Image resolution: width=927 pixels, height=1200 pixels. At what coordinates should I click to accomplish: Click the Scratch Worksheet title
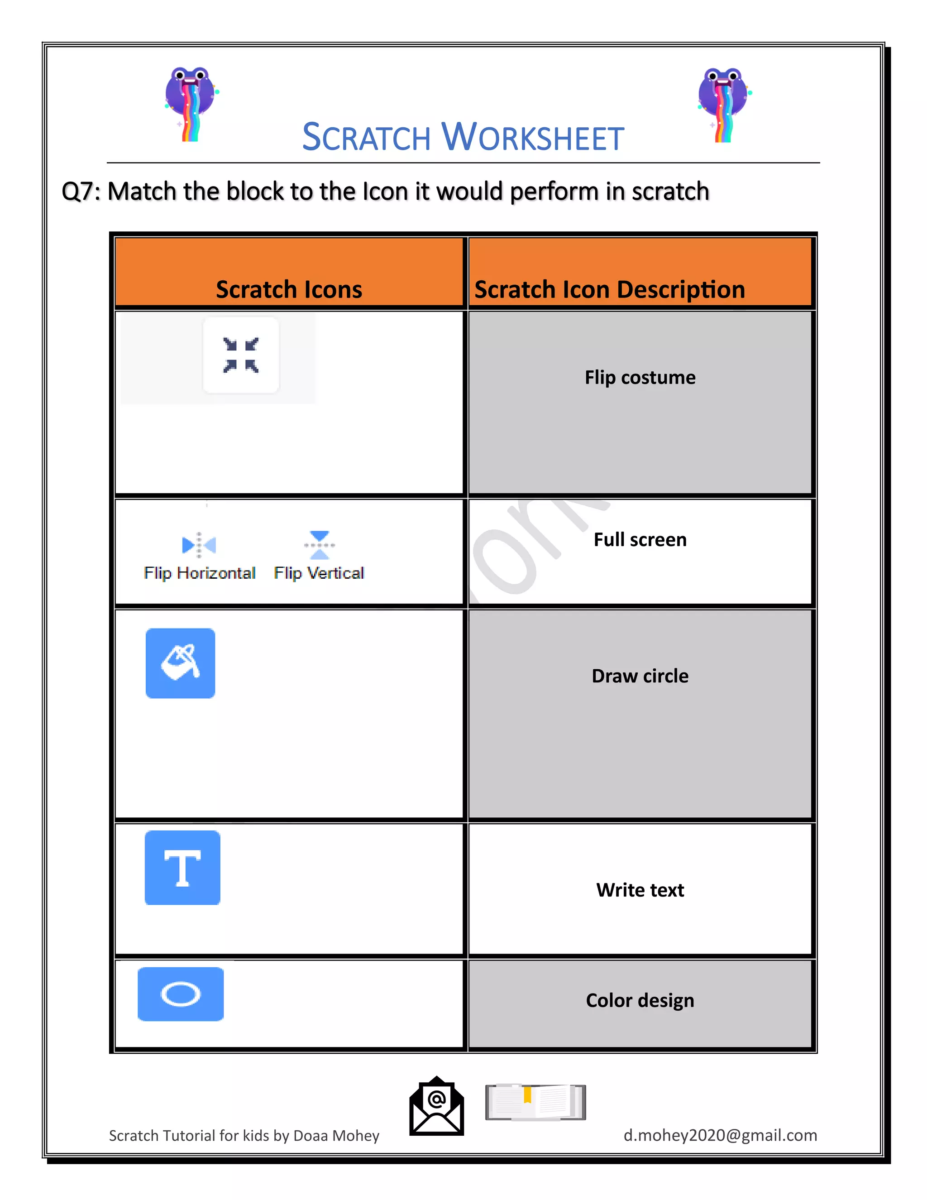[x=463, y=137]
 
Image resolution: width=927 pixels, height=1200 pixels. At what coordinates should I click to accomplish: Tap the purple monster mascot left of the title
[x=191, y=103]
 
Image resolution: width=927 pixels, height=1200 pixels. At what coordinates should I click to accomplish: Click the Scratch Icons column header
[x=289, y=289]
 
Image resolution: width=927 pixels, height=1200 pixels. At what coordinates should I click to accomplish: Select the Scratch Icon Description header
[x=609, y=289]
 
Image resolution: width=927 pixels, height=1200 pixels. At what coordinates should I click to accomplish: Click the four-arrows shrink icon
[x=240, y=355]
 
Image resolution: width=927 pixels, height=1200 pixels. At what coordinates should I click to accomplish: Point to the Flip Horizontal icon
[x=199, y=544]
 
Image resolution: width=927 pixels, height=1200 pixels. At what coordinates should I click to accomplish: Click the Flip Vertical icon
[x=320, y=544]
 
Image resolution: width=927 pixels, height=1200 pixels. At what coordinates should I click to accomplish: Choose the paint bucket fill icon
[x=180, y=663]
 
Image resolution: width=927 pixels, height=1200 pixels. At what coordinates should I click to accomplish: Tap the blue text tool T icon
[x=182, y=868]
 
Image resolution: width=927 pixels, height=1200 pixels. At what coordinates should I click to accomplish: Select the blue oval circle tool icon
[x=181, y=994]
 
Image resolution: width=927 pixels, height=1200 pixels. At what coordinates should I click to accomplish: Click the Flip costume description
[x=640, y=378]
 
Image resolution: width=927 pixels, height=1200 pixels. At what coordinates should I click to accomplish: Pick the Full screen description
[x=640, y=540]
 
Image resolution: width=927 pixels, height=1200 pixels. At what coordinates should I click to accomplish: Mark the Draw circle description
[x=640, y=676]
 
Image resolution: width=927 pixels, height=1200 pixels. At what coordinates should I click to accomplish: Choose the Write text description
[x=640, y=889]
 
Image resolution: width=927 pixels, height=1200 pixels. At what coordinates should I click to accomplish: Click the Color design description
[x=640, y=1000]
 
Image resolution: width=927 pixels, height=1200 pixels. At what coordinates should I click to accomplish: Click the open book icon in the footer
[x=535, y=1102]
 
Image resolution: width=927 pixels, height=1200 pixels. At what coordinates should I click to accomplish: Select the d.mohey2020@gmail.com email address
[x=720, y=1135]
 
